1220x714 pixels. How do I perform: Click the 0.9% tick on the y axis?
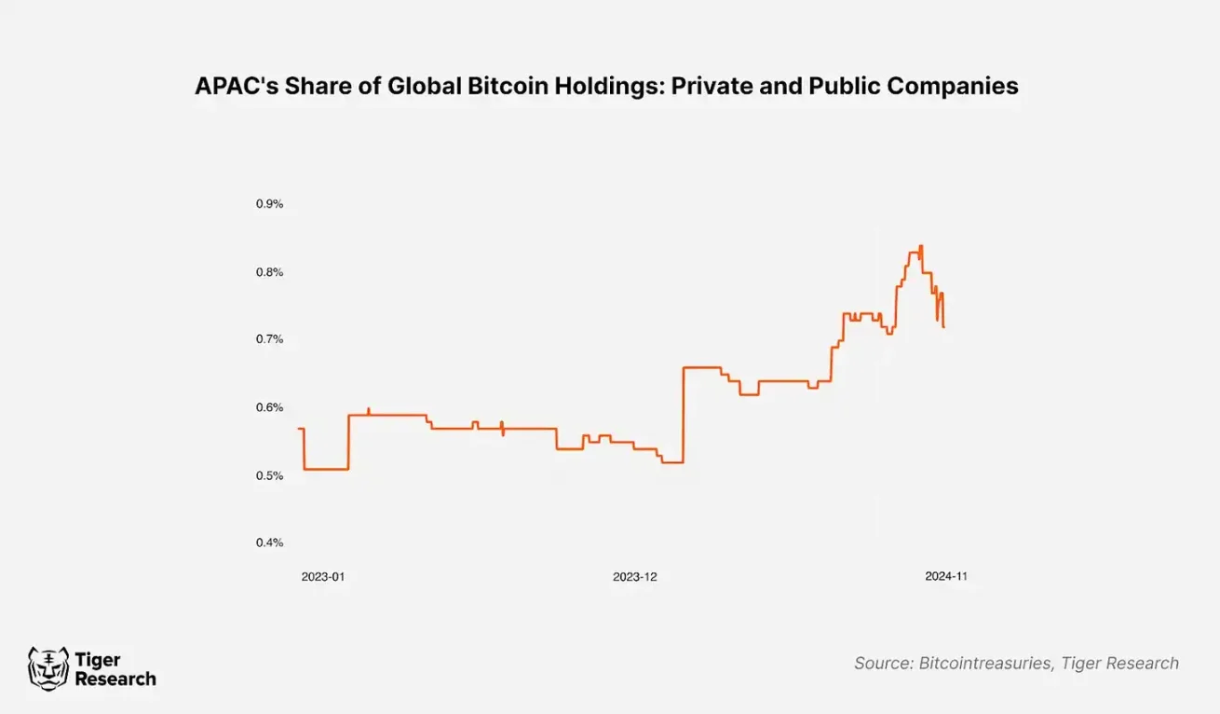269,204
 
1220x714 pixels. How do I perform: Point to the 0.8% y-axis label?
269,272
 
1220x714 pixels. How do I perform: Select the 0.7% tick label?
269,339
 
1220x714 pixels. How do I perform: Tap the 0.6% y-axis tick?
269,407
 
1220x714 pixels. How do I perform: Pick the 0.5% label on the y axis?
269,475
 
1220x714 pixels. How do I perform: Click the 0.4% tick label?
269,542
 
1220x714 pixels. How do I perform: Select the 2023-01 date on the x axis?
322,577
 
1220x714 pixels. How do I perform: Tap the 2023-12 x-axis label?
634,577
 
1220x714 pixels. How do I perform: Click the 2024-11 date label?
946,577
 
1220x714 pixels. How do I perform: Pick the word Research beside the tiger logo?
115,680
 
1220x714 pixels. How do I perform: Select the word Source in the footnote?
882,664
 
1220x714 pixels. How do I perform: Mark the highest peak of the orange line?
921,246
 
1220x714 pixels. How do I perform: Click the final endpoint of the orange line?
943,327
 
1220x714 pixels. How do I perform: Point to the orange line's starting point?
299,429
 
